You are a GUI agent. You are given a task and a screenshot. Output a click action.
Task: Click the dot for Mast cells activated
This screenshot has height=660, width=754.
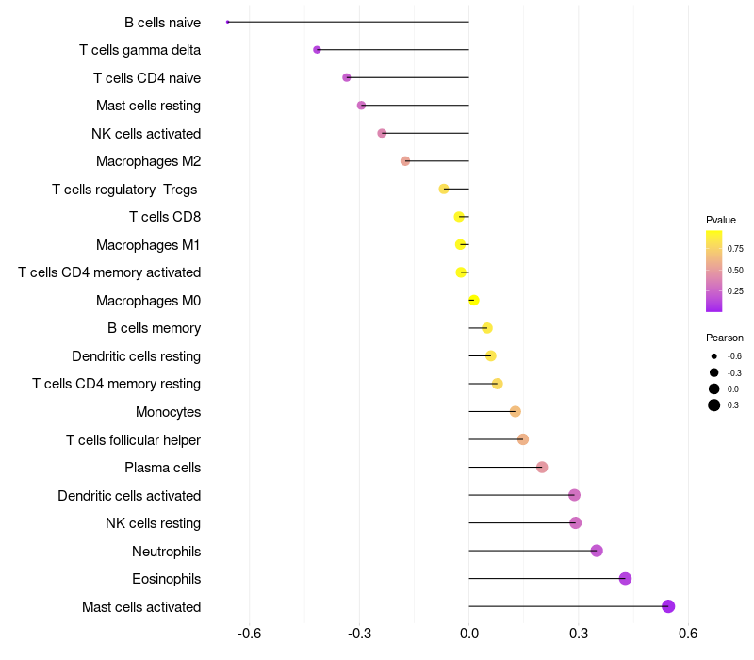[668, 606]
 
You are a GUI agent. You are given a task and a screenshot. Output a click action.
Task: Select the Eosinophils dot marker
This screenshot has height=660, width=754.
[625, 578]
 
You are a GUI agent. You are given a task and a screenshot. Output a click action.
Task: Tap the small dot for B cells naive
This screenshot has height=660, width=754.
[228, 22]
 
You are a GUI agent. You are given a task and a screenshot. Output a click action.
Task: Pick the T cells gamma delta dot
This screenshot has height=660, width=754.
[317, 49]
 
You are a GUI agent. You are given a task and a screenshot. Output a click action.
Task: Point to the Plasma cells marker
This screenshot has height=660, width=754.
[542, 467]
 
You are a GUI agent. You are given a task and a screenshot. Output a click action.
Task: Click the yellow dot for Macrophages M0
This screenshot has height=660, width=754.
[474, 300]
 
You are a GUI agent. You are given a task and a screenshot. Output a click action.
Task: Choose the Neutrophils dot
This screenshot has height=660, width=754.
[597, 551]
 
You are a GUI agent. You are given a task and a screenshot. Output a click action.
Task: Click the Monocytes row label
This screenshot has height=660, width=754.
[168, 412]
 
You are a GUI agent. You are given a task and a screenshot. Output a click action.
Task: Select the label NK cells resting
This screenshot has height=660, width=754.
[153, 523]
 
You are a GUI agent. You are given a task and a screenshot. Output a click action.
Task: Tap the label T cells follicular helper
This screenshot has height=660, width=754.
[133, 439]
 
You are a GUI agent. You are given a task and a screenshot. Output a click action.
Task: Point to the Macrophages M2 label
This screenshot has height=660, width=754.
[148, 161]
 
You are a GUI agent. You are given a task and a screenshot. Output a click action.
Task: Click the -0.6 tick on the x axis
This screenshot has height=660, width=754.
[249, 633]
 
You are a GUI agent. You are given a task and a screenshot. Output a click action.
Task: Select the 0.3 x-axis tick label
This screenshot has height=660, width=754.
[579, 633]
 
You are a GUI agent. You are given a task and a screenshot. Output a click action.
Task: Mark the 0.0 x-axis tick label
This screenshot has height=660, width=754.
[468, 633]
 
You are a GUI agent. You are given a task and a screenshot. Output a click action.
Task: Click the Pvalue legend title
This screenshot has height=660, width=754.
[721, 220]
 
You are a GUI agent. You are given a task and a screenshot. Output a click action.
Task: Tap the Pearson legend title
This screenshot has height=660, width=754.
[724, 338]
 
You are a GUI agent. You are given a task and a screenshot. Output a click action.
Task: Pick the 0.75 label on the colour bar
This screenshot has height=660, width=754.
[735, 249]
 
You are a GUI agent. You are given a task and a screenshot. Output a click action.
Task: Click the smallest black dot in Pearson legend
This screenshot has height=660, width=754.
[714, 356]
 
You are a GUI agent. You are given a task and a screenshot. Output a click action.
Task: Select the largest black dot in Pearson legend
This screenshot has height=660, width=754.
[714, 405]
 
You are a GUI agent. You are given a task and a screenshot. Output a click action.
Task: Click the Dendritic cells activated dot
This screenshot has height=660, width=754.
[574, 495]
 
